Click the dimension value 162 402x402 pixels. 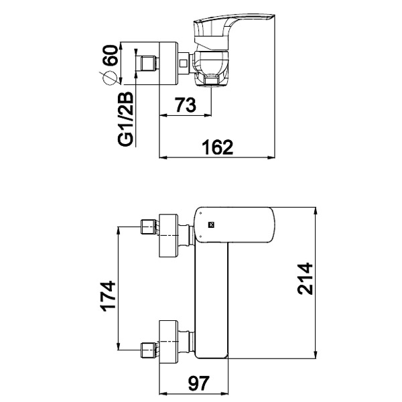click(x=217, y=147)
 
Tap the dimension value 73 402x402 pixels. click(x=186, y=105)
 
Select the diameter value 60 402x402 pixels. click(x=110, y=55)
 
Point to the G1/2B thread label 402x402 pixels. click(x=126, y=119)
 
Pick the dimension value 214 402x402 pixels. click(x=305, y=279)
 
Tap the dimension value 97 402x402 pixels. click(x=199, y=383)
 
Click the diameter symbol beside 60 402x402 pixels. click(x=109, y=78)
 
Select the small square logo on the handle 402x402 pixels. click(x=211, y=225)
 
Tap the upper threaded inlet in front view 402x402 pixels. click(x=150, y=226)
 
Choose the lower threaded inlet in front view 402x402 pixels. click(x=150, y=350)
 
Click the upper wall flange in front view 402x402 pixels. click(x=168, y=236)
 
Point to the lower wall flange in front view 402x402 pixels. click(x=168, y=342)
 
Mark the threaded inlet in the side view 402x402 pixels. click(x=149, y=63)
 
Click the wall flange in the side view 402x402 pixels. click(x=168, y=63)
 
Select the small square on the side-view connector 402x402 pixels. click(x=183, y=63)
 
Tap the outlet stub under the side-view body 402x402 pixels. click(x=212, y=80)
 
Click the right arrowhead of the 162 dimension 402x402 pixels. click(x=271, y=157)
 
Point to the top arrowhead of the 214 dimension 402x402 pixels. click(x=316, y=211)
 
